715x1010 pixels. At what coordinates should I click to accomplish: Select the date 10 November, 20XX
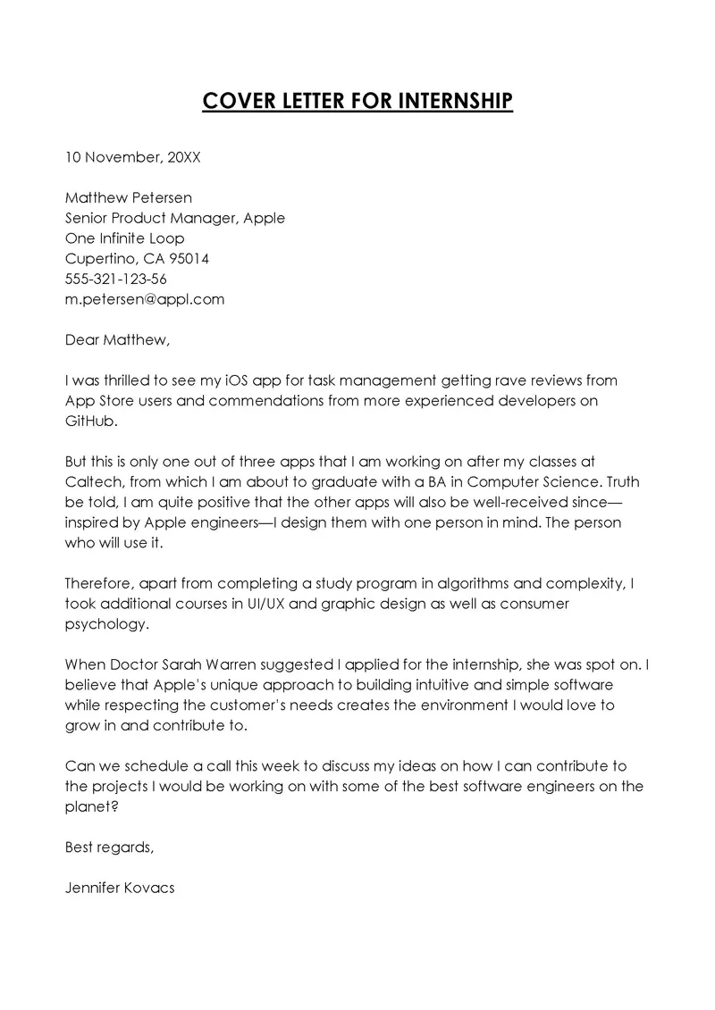[133, 157]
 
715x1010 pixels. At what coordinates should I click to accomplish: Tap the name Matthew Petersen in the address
[129, 197]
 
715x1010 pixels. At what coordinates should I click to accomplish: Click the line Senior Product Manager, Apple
[175, 218]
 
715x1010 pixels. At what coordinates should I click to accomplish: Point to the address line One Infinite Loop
[125, 238]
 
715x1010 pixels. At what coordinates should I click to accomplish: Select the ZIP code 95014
[189, 259]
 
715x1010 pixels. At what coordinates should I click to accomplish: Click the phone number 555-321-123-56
[116, 280]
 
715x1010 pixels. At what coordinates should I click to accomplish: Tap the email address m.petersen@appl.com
[145, 300]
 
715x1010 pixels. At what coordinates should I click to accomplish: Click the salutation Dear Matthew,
[117, 340]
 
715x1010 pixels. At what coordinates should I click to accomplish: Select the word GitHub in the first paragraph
[91, 422]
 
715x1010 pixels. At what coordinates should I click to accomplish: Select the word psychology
[104, 625]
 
